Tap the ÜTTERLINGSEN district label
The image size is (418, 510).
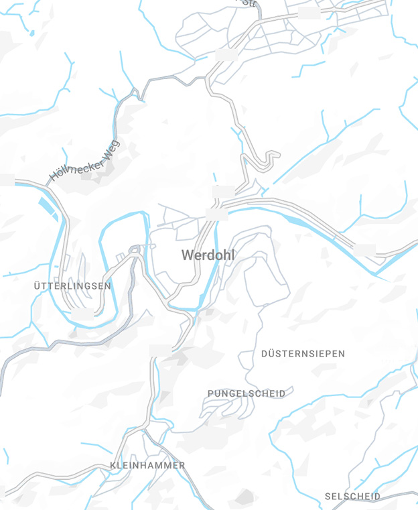pyautogui.click(x=72, y=285)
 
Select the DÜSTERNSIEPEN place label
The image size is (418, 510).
pyautogui.click(x=303, y=353)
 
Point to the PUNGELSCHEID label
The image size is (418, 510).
pyautogui.click(x=246, y=393)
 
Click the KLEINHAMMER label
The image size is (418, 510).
pyautogui.click(x=147, y=465)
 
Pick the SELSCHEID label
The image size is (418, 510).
pyautogui.click(x=352, y=497)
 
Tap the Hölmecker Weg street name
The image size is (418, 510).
pyautogui.click(x=84, y=162)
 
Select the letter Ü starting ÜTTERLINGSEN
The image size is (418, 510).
pyautogui.click(x=37, y=285)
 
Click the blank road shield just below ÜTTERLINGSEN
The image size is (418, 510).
pyautogui.click(x=82, y=313)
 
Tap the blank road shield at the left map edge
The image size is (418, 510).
pyautogui.click(x=5, y=180)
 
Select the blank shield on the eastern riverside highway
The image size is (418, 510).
pyautogui.click(x=365, y=250)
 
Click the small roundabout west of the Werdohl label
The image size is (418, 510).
pyautogui.click(x=135, y=250)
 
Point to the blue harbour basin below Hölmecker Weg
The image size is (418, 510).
pyautogui.click(x=48, y=207)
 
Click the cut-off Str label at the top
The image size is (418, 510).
pyautogui.click(x=249, y=3)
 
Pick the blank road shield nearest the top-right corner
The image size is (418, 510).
pyautogui.click(x=308, y=13)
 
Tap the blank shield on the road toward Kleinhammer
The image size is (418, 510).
pyautogui.click(x=160, y=350)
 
